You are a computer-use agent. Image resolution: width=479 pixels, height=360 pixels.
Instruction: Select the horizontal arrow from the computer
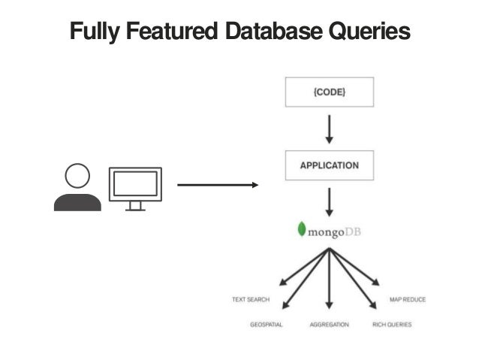(x=217, y=185)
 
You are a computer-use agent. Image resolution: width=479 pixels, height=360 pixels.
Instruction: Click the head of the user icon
(x=77, y=177)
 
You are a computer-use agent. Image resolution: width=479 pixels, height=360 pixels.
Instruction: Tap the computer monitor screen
(x=135, y=183)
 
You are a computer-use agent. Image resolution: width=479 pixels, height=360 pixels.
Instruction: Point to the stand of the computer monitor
(x=135, y=205)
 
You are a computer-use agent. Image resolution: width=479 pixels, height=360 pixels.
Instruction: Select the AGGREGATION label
(x=330, y=325)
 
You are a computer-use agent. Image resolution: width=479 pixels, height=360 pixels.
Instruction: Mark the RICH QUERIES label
(x=392, y=325)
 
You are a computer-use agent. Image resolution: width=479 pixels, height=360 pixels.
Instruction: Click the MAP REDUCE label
(x=408, y=299)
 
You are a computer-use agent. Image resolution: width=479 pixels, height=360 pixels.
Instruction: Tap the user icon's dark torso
(x=77, y=201)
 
